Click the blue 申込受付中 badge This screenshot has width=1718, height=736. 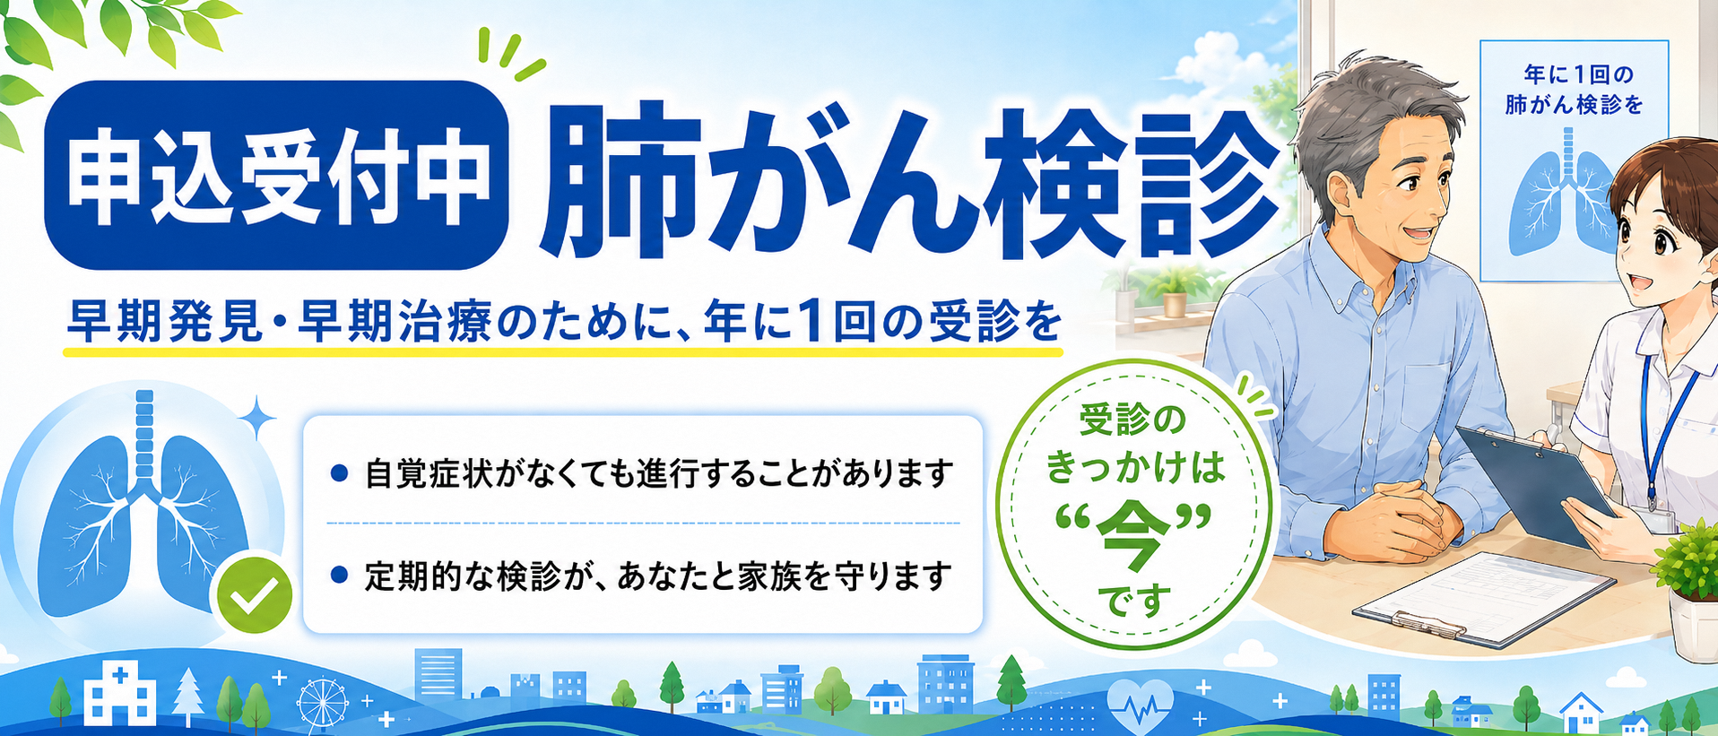click(x=276, y=176)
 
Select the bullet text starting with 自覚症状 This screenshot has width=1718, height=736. click(x=658, y=473)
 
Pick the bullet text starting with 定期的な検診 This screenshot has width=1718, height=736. click(x=658, y=576)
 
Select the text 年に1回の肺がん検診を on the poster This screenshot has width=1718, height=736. click(x=1574, y=90)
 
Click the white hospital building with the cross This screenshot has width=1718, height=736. click(x=119, y=692)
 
